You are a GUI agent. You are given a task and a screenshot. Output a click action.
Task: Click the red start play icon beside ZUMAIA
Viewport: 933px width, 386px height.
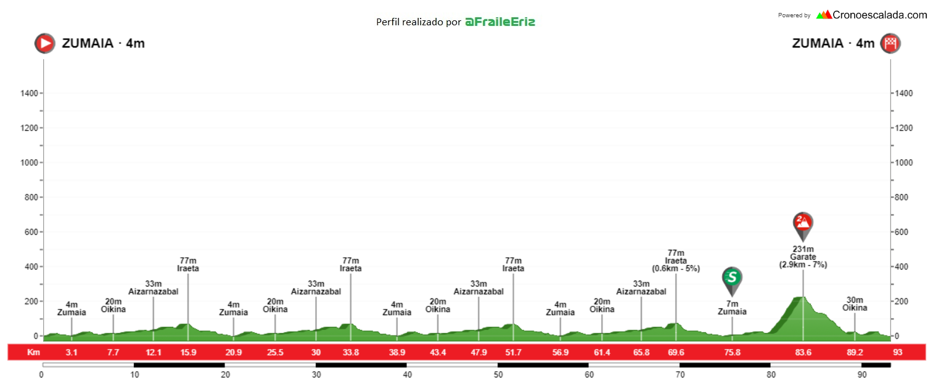(44, 43)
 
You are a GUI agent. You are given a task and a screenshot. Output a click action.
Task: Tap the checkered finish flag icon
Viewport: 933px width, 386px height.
(890, 43)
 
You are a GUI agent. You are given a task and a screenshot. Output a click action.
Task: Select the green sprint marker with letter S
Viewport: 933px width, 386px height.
(732, 278)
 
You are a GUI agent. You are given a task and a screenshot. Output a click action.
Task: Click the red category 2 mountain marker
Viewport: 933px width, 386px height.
(803, 224)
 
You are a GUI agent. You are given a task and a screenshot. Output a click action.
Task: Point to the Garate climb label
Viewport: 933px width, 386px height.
(803, 257)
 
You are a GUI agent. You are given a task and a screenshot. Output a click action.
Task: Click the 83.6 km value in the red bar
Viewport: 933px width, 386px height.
(803, 353)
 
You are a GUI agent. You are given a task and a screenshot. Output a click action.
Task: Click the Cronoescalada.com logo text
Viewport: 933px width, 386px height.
(879, 15)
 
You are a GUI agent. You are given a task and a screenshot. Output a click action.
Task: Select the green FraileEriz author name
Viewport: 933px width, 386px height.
(499, 22)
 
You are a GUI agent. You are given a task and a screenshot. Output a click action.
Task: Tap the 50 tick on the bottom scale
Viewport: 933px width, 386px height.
(498, 374)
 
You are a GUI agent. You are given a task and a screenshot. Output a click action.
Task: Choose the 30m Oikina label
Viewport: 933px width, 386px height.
(855, 304)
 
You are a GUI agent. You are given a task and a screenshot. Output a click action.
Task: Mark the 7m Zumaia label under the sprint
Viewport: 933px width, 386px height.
(732, 308)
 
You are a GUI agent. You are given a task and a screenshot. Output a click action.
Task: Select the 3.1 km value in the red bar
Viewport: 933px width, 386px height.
(72, 353)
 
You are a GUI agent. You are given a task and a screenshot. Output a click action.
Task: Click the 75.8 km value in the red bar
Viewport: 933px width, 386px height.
(732, 353)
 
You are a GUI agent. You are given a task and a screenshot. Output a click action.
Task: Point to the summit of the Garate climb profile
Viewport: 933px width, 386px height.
(800, 298)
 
